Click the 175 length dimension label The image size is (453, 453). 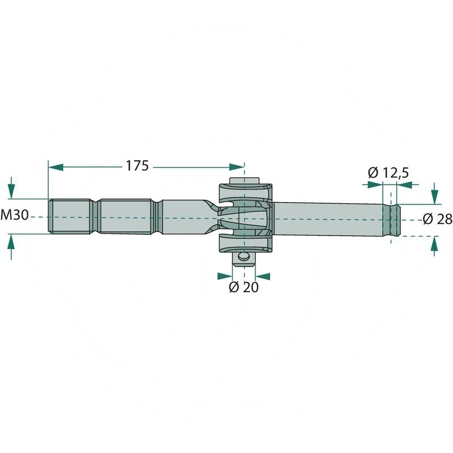(x=137, y=166)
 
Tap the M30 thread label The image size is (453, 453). (x=15, y=215)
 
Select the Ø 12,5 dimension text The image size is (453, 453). (x=388, y=173)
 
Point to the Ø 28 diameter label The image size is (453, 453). (x=437, y=219)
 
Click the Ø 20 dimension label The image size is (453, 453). (x=243, y=287)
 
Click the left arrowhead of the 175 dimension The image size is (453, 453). (x=55, y=167)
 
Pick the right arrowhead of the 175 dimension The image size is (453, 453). (x=237, y=167)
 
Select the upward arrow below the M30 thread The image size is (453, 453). (x=11, y=246)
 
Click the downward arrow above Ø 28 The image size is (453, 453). (x=434, y=193)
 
